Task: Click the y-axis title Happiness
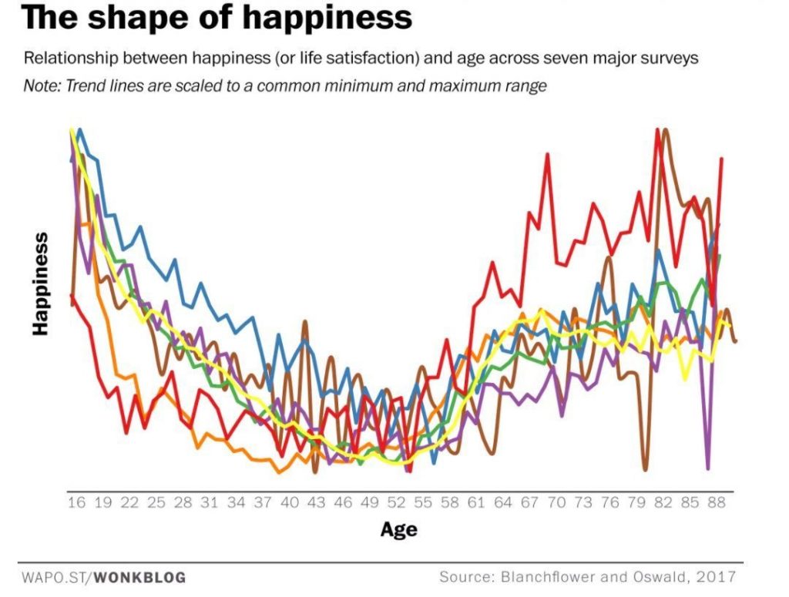[x=41, y=283]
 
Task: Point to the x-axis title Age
[x=398, y=529]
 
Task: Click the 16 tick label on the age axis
[x=76, y=503]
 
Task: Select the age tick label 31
[x=210, y=503]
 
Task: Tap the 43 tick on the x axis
[x=317, y=503]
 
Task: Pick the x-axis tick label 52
[x=396, y=503]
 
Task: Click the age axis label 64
[x=503, y=503]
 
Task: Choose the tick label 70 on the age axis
[x=556, y=503]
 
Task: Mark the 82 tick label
[x=663, y=503]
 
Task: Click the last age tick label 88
[x=717, y=503]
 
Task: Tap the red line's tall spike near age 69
[x=548, y=156]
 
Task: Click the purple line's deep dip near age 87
[x=707, y=466]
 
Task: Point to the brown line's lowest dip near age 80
[x=645, y=468]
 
